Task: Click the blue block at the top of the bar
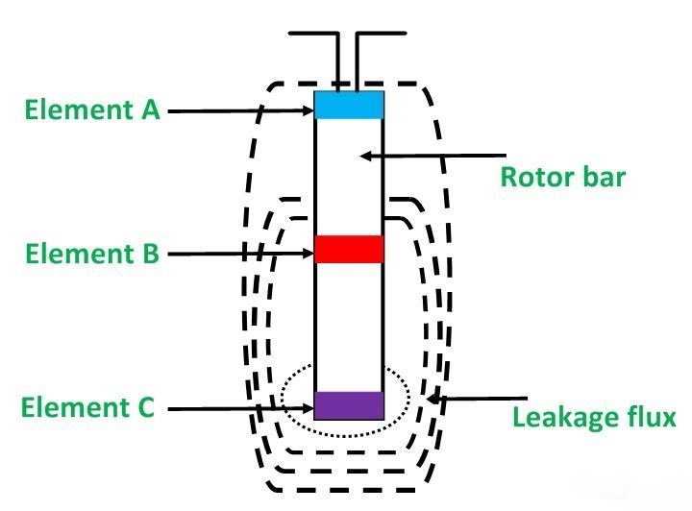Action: (349, 105)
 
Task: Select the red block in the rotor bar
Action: (349, 249)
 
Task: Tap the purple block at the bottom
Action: (349, 405)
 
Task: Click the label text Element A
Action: (93, 110)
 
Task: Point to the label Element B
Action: (93, 255)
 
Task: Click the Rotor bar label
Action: (562, 178)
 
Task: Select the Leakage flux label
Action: (595, 418)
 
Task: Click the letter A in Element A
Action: (150, 110)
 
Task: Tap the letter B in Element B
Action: (150, 255)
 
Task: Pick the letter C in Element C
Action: (145, 407)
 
